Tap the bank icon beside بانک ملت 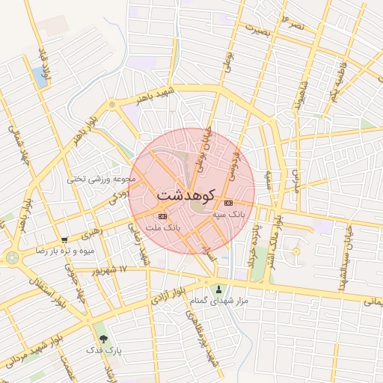[164, 215]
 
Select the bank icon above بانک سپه [228, 203]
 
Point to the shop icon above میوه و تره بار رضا [64, 240]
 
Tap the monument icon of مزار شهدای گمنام [218, 289]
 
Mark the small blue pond [38, 76]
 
